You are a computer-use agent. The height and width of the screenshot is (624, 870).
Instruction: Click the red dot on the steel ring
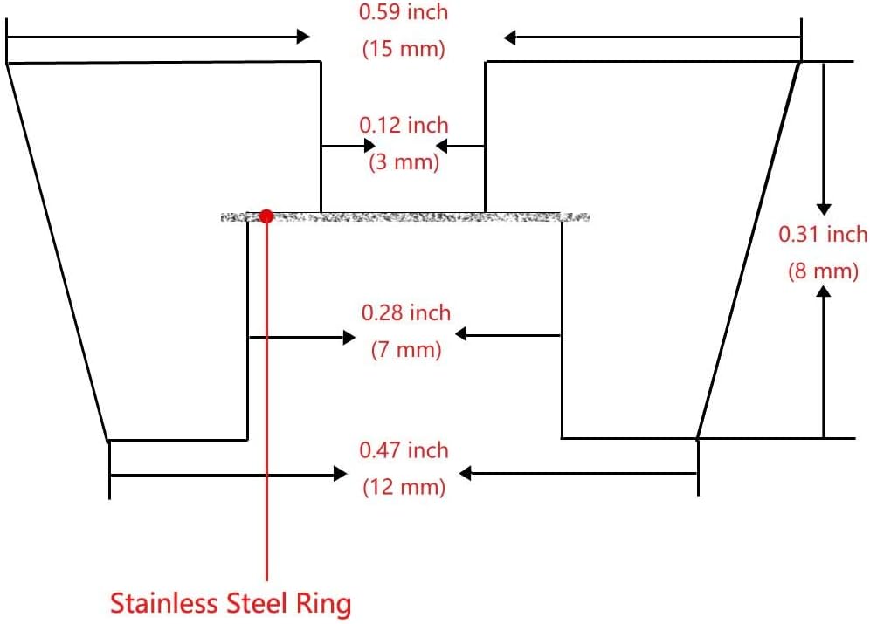pyautogui.click(x=266, y=216)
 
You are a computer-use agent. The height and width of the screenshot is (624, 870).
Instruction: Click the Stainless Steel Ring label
pyautogui.click(x=231, y=602)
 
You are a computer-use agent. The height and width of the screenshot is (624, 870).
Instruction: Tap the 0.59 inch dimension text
pyautogui.click(x=404, y=13)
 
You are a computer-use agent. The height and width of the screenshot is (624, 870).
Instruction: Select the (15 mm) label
pyautogui.click(x=404, y=48)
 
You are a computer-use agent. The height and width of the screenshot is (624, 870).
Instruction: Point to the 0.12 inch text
pyautogui.click(x=404, y=126)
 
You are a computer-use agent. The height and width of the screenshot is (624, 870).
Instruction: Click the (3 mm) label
pyautogui.click(x=404, y=162)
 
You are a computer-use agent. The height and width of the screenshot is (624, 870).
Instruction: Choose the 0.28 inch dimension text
pyautogui.click(x=406, y=312)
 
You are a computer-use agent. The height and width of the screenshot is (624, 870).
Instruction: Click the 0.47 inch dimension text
pyautogui.click(x=404, y=450)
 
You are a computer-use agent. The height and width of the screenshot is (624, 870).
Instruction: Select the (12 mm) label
pyautogui.click(x=404, y=486)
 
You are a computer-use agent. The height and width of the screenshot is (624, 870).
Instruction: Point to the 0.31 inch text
pyautogui.click(x=823, y=234)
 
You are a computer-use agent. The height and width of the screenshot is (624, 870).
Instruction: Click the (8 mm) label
pyautogui.click(x=823, y=271)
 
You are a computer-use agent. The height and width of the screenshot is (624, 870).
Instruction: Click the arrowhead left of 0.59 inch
pyautogui.click(x=303, y=36)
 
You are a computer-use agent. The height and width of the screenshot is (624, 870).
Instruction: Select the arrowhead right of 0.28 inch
pyautogui.click(x=462, y=333)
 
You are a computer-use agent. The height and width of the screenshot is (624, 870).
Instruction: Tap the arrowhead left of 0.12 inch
pyautogui.click(x=369, y=145)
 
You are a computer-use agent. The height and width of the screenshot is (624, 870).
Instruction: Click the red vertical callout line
pyautogui.click(x=266, y=393)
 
